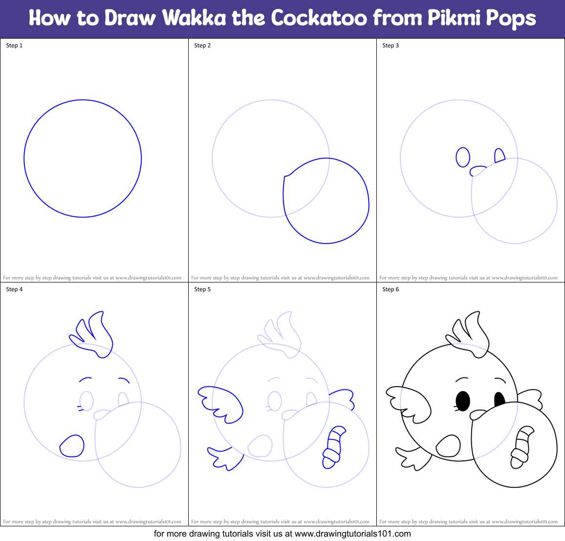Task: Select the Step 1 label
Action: (14, 45)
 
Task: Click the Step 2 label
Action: (202, 45)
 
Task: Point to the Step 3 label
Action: (391, 45)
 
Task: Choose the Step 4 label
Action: (14, 289)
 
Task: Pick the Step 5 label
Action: (202, 289)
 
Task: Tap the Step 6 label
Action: (391, 289)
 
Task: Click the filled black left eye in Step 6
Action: (462, 401)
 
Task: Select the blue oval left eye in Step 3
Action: (462, 157)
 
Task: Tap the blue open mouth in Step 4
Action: (72, 446)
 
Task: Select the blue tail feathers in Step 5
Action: (225, 457)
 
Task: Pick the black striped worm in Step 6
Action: (521, 447)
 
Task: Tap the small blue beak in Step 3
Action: (477, 171)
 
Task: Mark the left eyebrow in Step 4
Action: (86, 379)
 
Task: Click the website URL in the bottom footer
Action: (353, 534)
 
